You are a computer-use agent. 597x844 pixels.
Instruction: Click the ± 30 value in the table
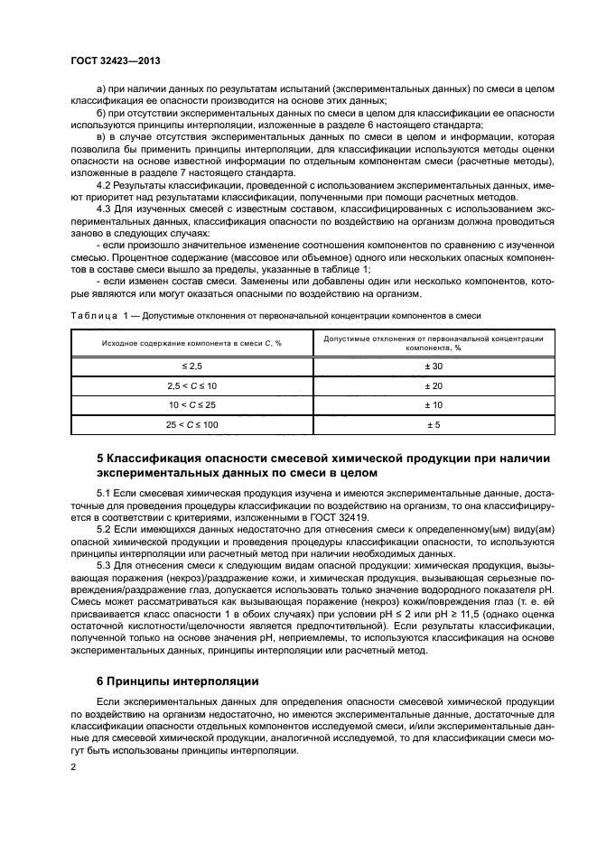[433, 366]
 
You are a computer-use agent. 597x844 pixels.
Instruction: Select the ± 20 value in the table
[433, 385]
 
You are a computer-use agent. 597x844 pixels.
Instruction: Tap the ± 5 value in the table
[433, 423]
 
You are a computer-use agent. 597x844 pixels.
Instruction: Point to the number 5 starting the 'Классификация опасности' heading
[99, 459]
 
